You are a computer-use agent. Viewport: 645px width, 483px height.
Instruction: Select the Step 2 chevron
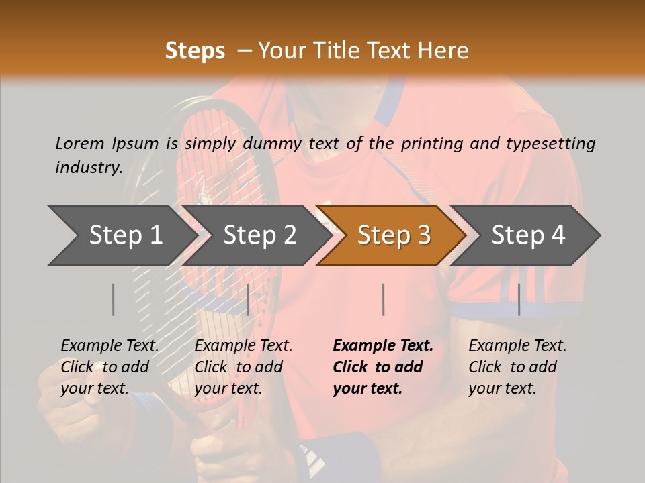pyautogui.click(x=259, y=235)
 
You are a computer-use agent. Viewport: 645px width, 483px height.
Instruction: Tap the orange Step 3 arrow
pyautogui.click(x=394, y=235)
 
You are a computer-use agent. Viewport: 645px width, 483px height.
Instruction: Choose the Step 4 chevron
pyautogui.click(x=528, y=235)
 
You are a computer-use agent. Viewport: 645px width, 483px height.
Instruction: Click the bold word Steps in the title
pyautogui.click(x=195, y=51)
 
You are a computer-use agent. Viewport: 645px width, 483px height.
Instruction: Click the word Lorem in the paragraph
pyautogui.click(x=79, y=143)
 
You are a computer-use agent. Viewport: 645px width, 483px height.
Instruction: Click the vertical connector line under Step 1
pyautogui.click(x=114, y=299)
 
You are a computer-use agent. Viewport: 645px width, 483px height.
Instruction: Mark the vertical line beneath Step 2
pyautogui.click(x=248, y=299)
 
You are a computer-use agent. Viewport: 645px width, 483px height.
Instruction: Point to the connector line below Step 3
pyautogui.click(x=383, y=299)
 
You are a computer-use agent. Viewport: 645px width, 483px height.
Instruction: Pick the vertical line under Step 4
pyautogui.click(x=519, y=299)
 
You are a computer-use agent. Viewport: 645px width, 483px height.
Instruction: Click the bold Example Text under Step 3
pyautogui.click(x=383, y=346)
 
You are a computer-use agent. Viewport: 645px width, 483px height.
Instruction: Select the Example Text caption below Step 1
pyautogui.click(x=110, y=346)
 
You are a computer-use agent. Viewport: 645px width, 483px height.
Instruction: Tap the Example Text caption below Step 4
pyautogui.click(x=517, y=346)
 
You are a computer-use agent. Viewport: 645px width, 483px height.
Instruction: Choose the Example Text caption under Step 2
pyautogui.click(x=243, y=346)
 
